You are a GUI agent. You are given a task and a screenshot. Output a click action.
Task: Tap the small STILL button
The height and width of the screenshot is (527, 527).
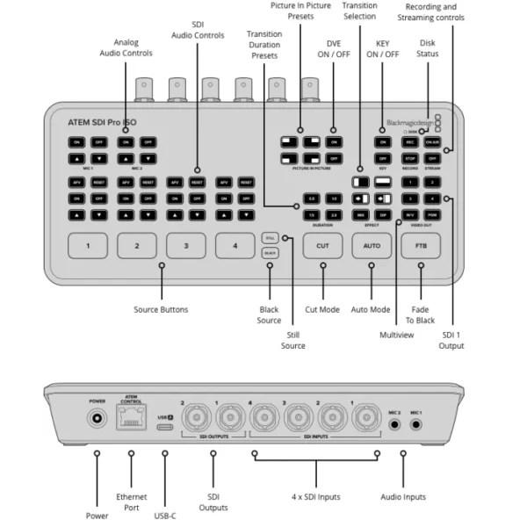click(x=270, y=237)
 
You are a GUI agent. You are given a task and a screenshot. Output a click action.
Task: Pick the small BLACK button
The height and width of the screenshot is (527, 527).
click(x=270, y=253)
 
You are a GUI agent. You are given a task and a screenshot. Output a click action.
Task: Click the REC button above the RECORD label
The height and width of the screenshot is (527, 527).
click(x=408, y=141)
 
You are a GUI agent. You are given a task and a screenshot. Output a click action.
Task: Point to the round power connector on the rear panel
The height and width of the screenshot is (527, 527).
click(x=97, y=423)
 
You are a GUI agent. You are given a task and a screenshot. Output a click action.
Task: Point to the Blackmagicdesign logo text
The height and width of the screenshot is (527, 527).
click(x=408, y=123)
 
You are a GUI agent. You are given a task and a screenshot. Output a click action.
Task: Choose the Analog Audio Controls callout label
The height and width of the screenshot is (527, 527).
click(x=126, y=47)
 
